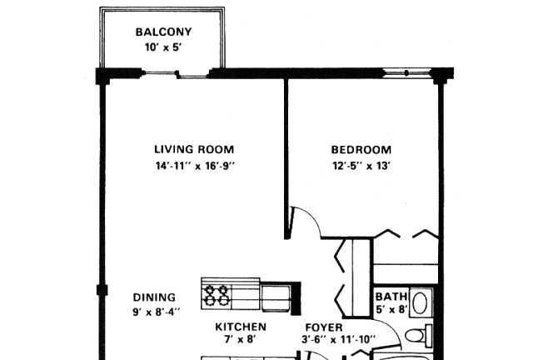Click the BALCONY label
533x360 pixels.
(x=163, y=32)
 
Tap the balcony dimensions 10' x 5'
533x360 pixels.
(x=162, y=47)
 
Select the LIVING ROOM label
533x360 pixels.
(x=194, y=149)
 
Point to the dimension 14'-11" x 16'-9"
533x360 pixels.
(x=195, y=166)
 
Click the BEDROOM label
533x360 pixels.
(x=361, y=150)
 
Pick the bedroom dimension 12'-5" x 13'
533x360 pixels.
(x=361, y=166)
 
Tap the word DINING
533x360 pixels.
(x=154, y=297)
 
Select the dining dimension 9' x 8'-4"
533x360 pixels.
(x=156, y=312)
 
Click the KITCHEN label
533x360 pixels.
(x=241, y=327)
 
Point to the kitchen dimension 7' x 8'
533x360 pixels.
(x=240, y=340)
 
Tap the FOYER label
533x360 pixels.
(x=324, y=327)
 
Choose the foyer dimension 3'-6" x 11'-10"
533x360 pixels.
(x=339, y=340)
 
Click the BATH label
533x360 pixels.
(x=391, y=297)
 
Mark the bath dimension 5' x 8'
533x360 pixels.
(x=391, y=310)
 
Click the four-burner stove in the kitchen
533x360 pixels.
(x=217, y=295)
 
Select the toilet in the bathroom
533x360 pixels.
(x=418, y=336)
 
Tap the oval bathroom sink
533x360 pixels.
(x=421, y=302)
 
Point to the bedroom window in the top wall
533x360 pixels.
(x=406, y=72)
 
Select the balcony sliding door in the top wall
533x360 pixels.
(x=177, y=73)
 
